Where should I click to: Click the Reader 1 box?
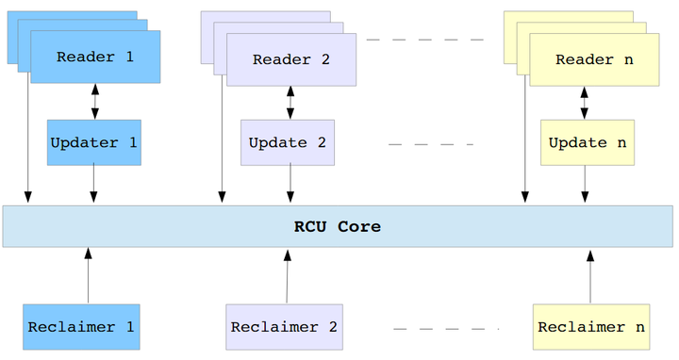95,57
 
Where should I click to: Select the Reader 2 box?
290,59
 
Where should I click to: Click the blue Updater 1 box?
93,143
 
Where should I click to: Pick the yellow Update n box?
587,143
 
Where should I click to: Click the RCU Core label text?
337,226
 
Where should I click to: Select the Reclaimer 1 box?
81,327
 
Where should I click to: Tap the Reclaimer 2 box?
284,327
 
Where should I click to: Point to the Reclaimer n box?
591,327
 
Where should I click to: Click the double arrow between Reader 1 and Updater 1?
94,102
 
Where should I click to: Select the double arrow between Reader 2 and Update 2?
290,103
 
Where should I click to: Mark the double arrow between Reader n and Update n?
585,103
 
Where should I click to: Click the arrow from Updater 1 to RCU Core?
93,185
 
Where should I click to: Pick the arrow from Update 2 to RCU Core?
290,185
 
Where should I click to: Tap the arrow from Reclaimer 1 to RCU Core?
88,275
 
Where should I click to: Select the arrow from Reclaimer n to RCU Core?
590,275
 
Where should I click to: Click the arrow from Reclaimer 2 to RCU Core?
286,275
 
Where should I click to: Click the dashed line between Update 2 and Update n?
431,144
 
